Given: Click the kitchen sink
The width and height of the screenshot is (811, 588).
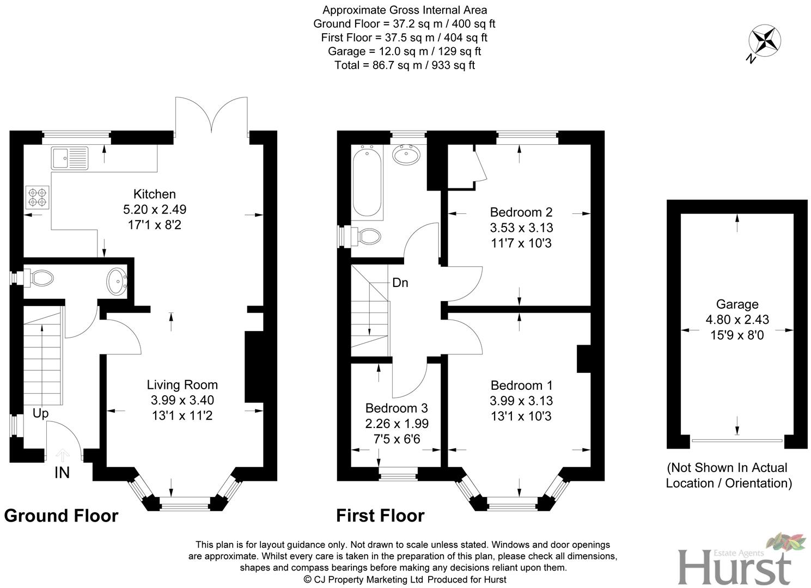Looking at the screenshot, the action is (x=69, y=158).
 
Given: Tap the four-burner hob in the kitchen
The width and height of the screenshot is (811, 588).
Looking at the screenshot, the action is (x=37, y=197).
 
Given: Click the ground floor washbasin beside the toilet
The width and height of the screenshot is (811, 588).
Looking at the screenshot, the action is (x=117, y=281).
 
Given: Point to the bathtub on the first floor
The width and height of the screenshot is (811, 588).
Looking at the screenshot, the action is (x=367, y=183).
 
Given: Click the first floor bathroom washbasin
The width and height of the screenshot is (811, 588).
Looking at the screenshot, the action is (x=406, y=155).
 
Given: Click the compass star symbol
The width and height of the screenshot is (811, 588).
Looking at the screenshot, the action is (x=766, y=41).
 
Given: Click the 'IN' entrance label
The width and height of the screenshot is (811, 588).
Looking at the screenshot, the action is (x=62, y=473).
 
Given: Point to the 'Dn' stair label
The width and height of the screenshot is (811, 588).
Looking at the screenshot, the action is (x=400, y=283).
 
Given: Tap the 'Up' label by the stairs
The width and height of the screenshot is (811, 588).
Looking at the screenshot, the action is (x=40, y=414).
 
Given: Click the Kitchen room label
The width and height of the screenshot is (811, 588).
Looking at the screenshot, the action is (x=155, y=194).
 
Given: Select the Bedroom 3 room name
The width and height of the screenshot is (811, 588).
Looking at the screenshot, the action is (x=397, y=408).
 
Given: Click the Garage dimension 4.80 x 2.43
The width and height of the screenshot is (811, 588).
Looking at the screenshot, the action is (x=737, y=320).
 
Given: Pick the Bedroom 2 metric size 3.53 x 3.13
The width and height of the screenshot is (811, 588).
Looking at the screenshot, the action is (x=521, y=228).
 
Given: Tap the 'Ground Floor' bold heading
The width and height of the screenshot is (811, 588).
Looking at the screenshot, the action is (x=61, y=516).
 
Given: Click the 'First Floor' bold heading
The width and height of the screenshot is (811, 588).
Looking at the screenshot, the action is (x=380, y=516).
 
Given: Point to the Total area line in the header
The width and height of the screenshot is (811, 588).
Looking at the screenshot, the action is (x=404, y=65).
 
